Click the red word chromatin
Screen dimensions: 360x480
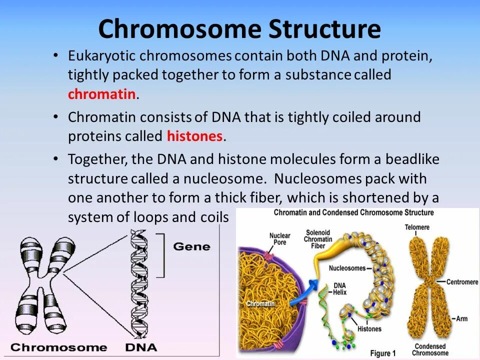101,94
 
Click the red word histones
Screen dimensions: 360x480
194,136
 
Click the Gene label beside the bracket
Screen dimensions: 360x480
191,246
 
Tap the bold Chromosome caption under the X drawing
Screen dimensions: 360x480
58,347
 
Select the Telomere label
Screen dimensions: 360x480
417,227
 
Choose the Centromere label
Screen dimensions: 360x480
461,282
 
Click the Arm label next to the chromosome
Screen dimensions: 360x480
460,318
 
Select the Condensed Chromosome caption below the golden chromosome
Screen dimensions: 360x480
429,349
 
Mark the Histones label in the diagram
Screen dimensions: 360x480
369,329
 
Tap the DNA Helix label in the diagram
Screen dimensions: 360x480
332,288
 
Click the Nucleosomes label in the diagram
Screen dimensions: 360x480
347,268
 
